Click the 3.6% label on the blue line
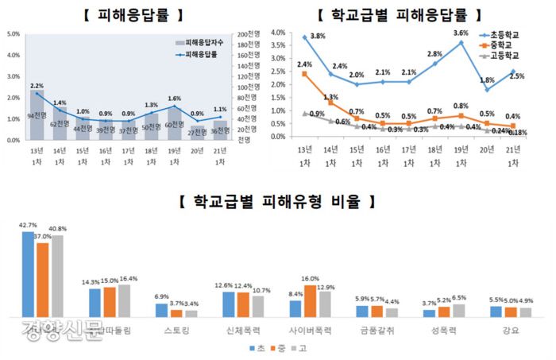(x=461, y=33)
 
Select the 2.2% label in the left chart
(x=37, y=85)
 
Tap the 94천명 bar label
(x=37, y=115)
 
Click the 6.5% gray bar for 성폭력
(x=458, y=311)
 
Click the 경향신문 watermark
(x=64, y=327)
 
